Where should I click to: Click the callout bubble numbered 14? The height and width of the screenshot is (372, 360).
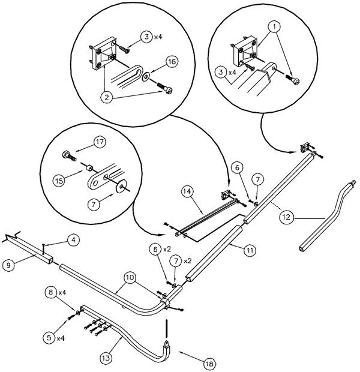click(x=187, y=191)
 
